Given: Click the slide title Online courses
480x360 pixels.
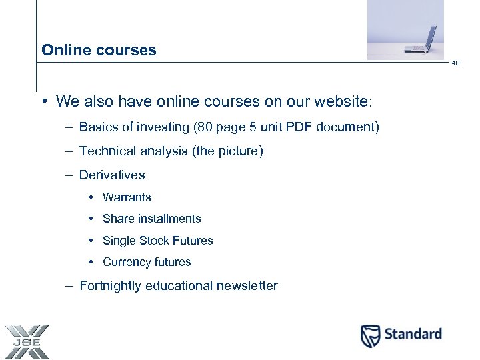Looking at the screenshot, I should point(99,50).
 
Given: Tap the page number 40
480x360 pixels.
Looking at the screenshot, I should point(455,63).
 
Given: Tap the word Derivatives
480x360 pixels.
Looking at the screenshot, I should point(112,175).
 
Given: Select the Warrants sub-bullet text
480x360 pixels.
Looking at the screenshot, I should point(127,197).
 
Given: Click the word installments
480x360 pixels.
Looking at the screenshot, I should point(169,219).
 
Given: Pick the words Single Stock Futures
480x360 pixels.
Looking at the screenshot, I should point(158,241).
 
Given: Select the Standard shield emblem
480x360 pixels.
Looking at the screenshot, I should point(370,335).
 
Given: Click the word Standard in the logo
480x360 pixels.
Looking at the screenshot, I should point(412,334).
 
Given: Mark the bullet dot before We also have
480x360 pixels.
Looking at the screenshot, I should point(42,101).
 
